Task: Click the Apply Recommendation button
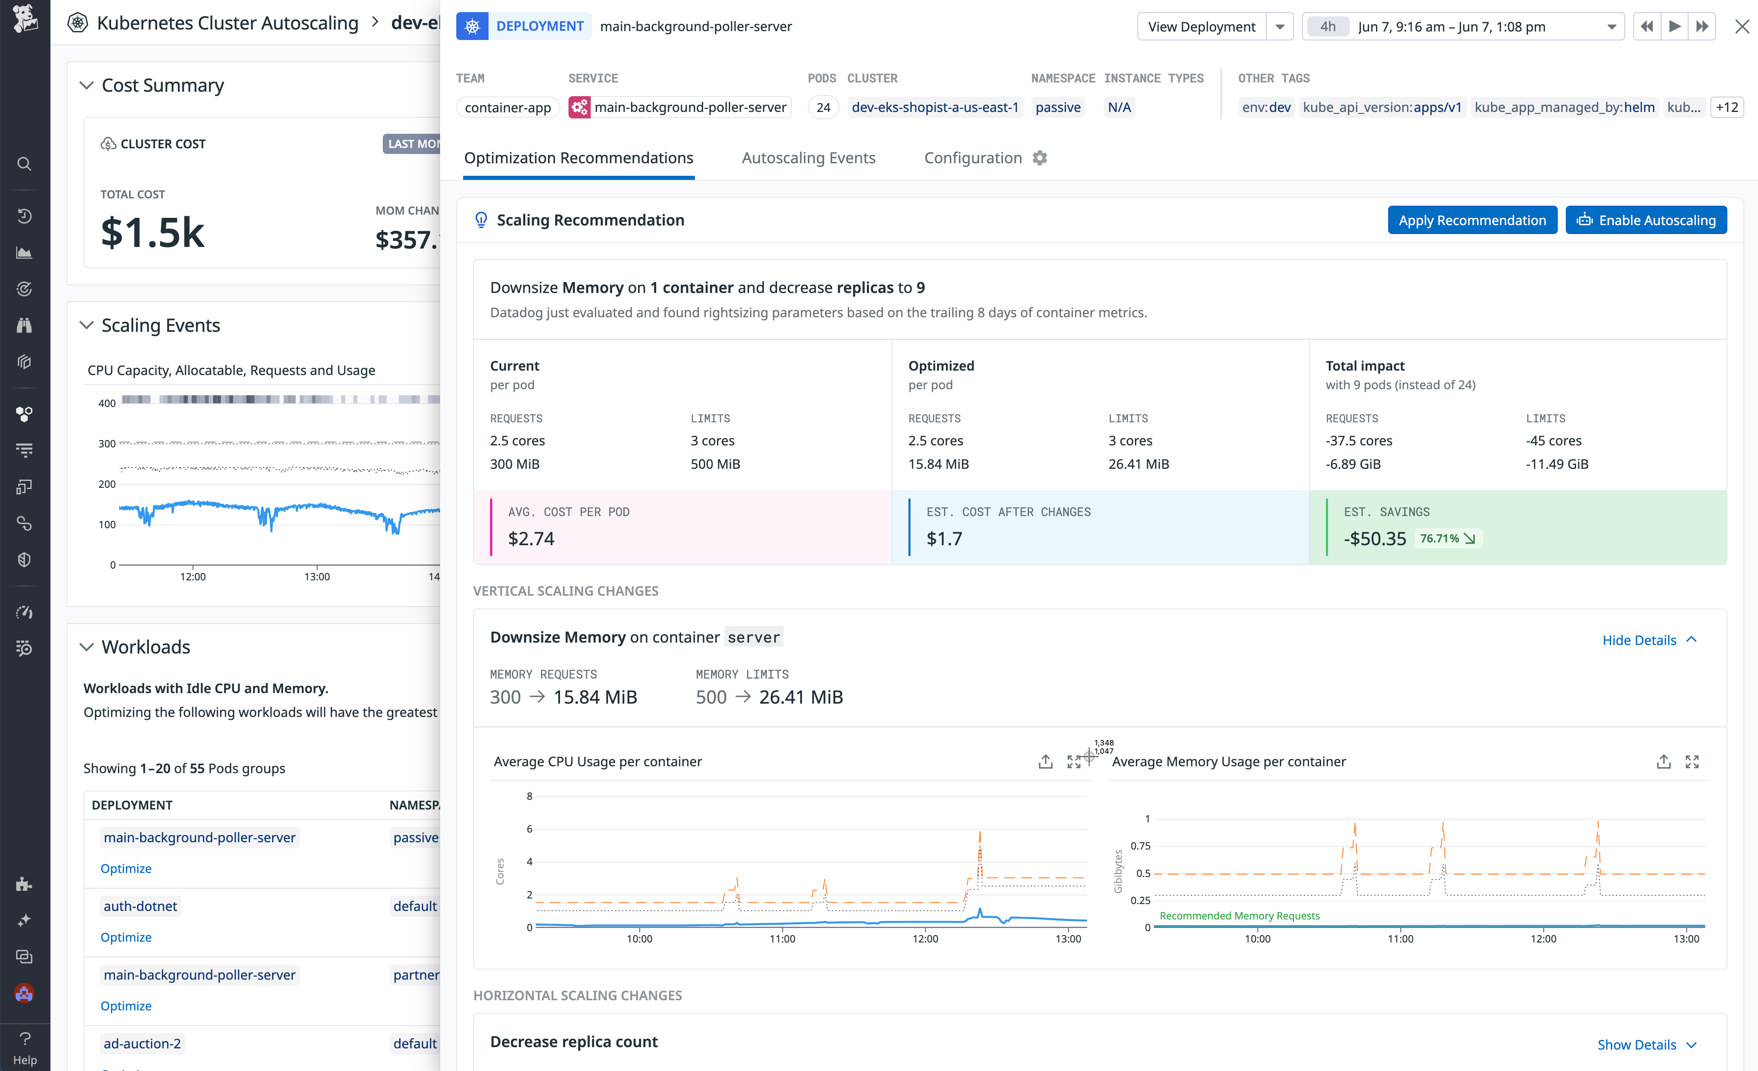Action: (1471, 220)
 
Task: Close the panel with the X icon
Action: (1741, 26)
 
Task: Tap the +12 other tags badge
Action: (1727, 107)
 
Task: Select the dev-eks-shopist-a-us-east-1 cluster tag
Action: (935, 107)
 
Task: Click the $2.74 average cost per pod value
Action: (531, 538)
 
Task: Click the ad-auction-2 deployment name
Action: (142, 1043)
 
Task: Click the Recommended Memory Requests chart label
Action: (1239, 915)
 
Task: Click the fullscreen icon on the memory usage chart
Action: (1692, 762)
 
